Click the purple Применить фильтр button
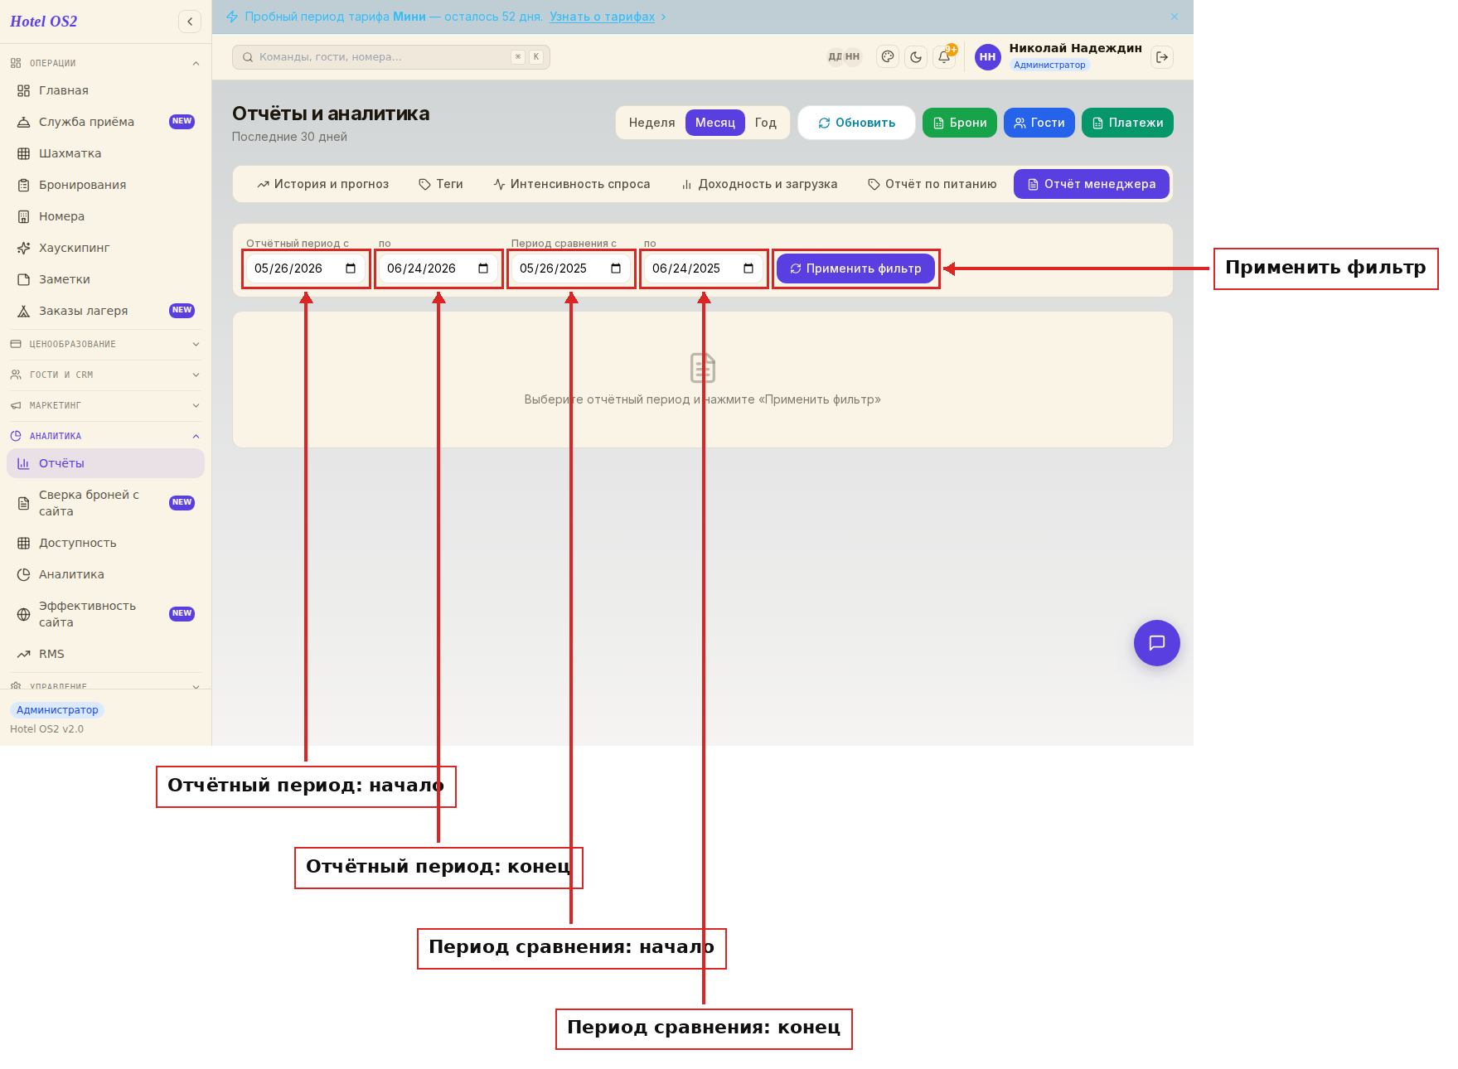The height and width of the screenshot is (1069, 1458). (x=855, y=268)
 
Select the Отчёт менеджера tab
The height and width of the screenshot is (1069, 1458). (x=1091, y=184)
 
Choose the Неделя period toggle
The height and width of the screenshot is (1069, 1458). (x=651, y=123)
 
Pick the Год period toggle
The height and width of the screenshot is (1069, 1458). (x=765, y=123)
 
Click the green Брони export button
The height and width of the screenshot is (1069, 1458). (x=960, y=123)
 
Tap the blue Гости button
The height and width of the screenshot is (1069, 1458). (x=1039, y=123)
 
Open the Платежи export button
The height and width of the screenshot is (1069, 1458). (x=1127, y=123)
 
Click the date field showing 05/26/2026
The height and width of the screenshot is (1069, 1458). (x=306, y=268)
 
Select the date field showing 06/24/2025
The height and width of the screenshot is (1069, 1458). (x=704, y=268)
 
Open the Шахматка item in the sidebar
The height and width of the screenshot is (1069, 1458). (x=70, y=153)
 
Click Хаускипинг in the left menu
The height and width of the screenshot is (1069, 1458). (x=74, y=248)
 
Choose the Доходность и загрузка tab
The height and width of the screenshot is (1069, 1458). (x=759, y=184)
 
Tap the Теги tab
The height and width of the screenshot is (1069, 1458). (x=441, y=184)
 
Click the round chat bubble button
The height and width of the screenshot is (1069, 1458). (x=1157, y=643)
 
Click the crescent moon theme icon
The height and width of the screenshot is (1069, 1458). (x=916, y=57)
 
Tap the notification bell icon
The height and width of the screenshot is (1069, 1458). (x=944, y=57)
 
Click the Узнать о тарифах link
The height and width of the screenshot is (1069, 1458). (x=603, y=17)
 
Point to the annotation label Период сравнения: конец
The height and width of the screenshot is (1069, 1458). (x=704, y=1028)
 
